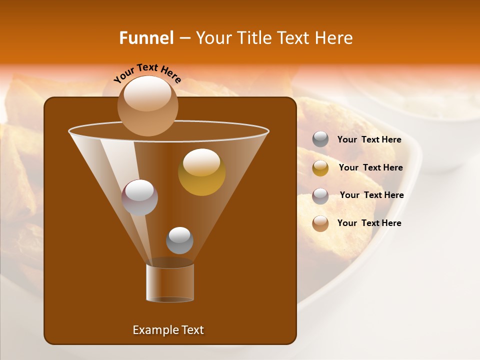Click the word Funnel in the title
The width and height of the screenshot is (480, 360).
pyautogui.click(x=146, y=38)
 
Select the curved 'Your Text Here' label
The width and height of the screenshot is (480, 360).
pyautogui.click(x=147, y=73)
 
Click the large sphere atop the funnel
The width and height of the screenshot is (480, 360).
pyautogui.click(x=147, y=105)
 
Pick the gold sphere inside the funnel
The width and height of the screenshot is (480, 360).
pyautogui.click(x=201, y=172)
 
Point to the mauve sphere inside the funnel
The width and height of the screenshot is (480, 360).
pyautogui.click(x=140, y=197)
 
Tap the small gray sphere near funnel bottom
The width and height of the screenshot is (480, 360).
pyautogui.click(x=179, y=240)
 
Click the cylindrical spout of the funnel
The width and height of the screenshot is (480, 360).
pyautogui.click(x=170, y=282)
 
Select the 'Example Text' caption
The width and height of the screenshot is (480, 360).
pyautogui.click(x=168, y=330)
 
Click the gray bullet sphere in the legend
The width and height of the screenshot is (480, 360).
pyautogui.click(x=320, y=139)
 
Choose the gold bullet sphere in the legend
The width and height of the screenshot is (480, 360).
pyautogui.click(x=320, y=168)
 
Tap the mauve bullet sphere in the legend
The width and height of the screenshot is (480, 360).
pyautogui.click(x=320, y=195)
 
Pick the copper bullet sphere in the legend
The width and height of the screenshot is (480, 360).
pyautogui.click(x=320, y=223)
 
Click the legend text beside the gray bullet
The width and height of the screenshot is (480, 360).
pyautogui.click(x=369, y=140)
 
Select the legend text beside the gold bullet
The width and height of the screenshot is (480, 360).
pyautogui.click(x=370, y=168)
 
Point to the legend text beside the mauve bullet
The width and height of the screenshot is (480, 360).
pyautogui.click(x=371, y=195)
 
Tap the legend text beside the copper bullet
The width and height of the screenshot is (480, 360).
pyautogui.click(x=369, y=223)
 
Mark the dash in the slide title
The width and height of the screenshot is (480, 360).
pyautogui.click(x=184, y=38)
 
